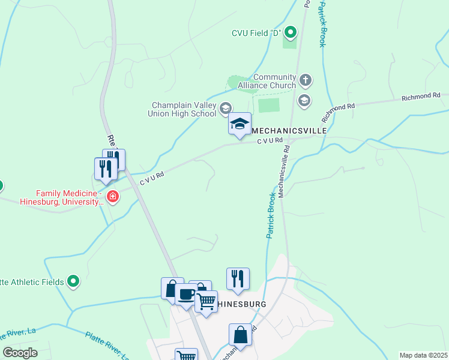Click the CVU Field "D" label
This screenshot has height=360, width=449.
click(x=256, y=32)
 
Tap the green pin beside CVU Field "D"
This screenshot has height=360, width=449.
click(x=291, y=32)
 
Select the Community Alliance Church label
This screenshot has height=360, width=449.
click(x=275, y=81)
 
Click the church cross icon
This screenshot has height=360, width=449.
click(x=306, y=80)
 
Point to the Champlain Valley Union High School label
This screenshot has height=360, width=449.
click(x=184, y=109)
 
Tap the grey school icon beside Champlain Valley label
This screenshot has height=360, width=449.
click(x=226, y=109)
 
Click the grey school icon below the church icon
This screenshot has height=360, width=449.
click(x=304, y=100)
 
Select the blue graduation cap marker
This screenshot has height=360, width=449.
click(x=240, y=124)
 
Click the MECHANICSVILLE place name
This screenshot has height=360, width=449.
click(x=288, y=130)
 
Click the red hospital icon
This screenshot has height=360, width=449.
click(x=112, y=196)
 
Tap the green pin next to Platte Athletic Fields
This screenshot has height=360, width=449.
click(x=73, y=280)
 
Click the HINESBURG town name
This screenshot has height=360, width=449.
click(x=241, y=304)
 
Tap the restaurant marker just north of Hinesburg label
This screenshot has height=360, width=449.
click(x=238, y=279)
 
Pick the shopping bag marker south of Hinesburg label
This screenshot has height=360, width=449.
click(x=240, y=335)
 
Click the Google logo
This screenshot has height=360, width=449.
click(x=20, y=353)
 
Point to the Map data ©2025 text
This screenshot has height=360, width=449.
click(x=423, y=355)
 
